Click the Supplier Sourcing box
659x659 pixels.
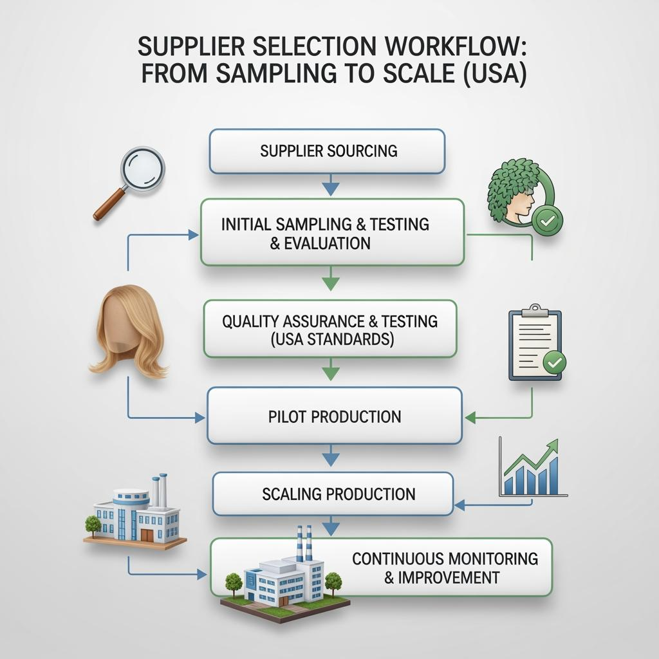coord(327,151)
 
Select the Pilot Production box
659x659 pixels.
coord(334,416)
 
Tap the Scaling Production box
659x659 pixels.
coord(333,494)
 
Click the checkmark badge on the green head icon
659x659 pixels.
coord(548,221)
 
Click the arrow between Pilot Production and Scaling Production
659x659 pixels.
coord(330,458)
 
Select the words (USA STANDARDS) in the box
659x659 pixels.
coord(330,339)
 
